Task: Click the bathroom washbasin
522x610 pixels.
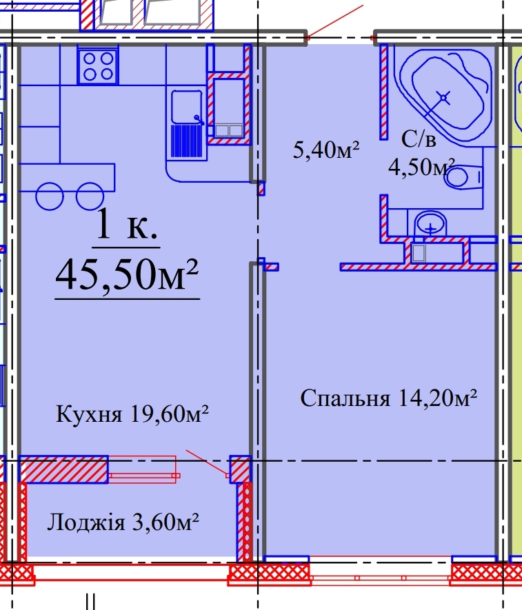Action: [x=430, y=223]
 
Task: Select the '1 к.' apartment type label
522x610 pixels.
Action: [x=127, y=225]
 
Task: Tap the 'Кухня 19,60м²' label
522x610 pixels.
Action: [x=132, y=415]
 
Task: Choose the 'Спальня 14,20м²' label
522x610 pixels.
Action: [x=389, y=398]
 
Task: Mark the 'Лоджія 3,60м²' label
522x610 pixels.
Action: [x=123, y=522]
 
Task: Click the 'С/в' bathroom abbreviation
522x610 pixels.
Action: [x=419, y=141]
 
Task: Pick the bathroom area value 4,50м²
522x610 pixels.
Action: [x=422, y=167]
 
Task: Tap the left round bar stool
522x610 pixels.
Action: [x=50, y=196]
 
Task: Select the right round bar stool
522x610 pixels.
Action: [x=90, y=196]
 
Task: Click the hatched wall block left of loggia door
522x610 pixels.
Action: [x=63, y=469]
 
